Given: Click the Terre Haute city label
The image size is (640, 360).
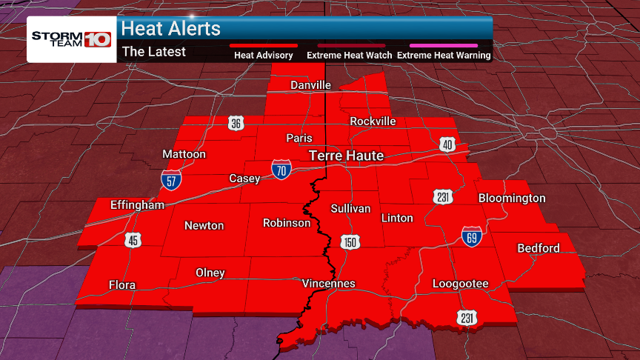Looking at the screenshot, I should point(346,156).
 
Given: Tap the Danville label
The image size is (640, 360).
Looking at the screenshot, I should point(310,85).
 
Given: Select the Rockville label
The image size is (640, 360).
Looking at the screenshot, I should point(373,121).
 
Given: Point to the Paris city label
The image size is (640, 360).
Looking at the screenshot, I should point(299,138).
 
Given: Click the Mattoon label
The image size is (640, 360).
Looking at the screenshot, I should point(184,154).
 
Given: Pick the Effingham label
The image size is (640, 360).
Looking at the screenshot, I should point(136,204).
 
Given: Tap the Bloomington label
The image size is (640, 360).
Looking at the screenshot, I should point(512,198).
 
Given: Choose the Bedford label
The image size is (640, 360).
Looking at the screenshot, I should point(539,247).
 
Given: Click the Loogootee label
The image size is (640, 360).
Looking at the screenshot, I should point(461,284).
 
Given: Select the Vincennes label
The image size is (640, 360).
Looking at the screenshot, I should point(329,284).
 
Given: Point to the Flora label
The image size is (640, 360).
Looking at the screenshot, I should point(122,284).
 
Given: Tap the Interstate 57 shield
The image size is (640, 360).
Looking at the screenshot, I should point(171,179).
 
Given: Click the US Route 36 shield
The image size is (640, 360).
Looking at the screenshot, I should point(236,124).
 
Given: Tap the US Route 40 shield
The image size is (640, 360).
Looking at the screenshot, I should point(447,144).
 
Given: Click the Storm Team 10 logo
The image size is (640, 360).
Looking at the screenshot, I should point(70,38).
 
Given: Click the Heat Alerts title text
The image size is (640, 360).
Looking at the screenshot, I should point(171,29).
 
